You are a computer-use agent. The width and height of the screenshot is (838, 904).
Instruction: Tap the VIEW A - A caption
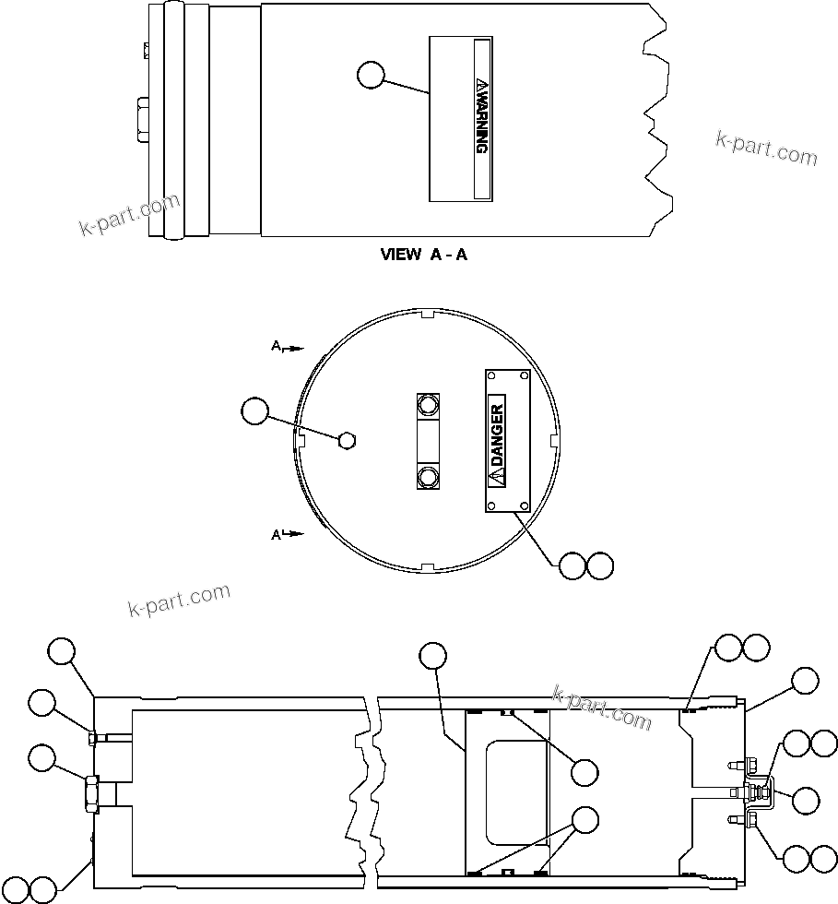423,255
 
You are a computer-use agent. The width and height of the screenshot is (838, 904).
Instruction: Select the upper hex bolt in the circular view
427,404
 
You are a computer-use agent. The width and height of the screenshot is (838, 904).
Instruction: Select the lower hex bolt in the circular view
427,476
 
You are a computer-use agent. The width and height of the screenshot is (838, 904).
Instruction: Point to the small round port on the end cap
347,440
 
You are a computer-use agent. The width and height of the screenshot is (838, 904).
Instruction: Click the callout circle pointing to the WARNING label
371,75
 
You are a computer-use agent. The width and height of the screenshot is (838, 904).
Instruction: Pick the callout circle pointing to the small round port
254,411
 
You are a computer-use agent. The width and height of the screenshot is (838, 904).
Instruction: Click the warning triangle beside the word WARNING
480,86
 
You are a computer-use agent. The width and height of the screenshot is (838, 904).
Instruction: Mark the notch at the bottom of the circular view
426,566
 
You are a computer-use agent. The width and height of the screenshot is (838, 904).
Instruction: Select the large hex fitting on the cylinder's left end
92,792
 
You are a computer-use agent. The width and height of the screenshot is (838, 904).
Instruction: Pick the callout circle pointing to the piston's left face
432,656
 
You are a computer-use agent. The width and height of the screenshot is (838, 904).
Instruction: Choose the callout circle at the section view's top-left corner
62,650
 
